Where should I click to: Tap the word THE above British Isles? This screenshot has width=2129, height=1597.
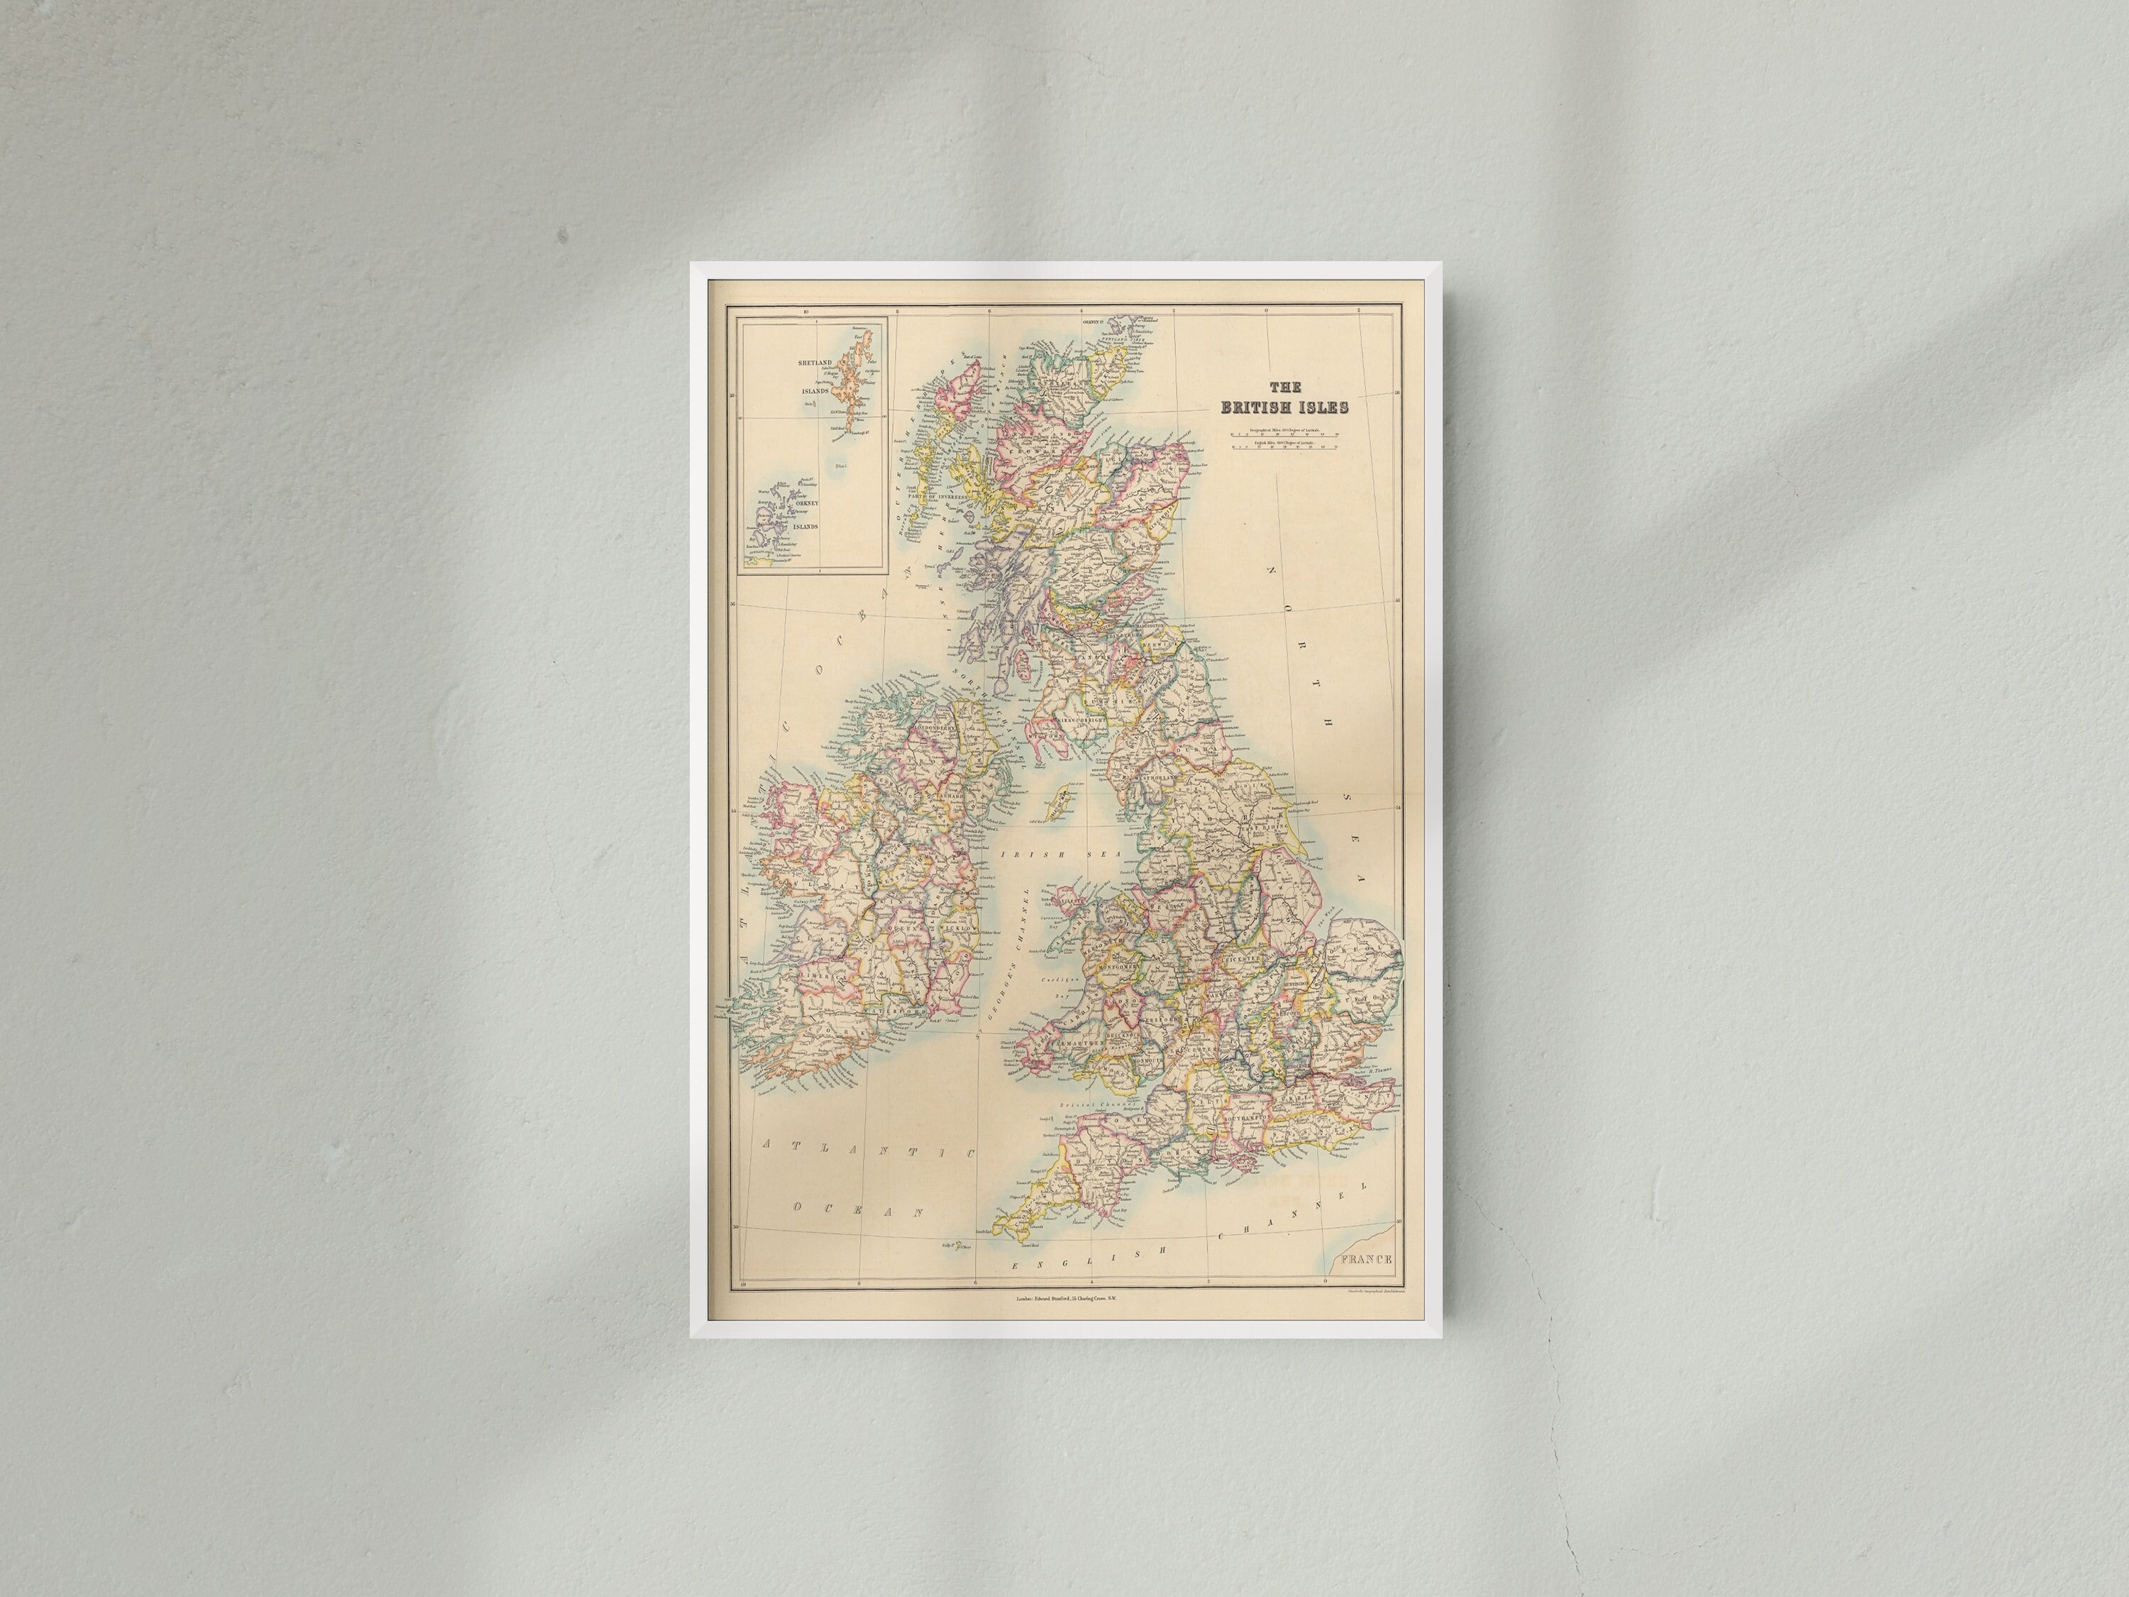[1285, 387]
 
